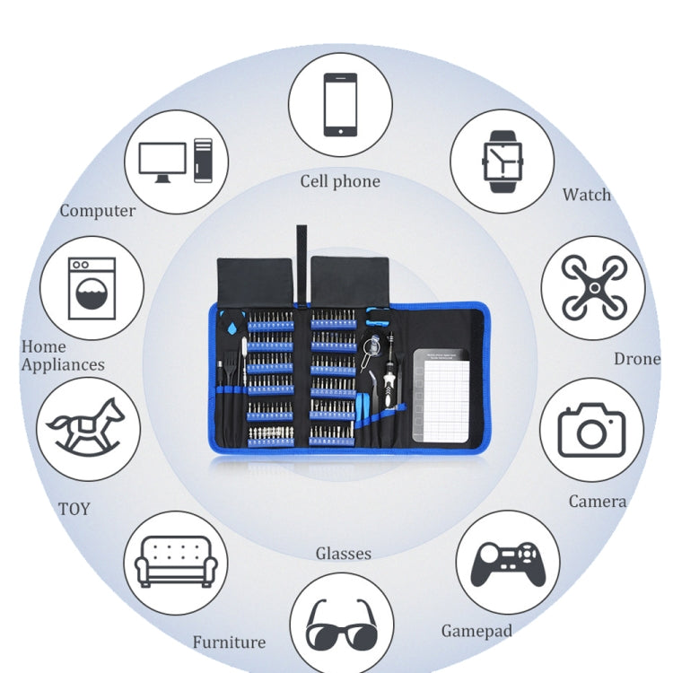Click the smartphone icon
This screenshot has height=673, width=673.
coord(340,104)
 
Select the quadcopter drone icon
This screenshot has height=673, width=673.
coord(592,287)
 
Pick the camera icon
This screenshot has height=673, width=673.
coord(591,430)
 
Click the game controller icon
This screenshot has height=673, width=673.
coord(508,563)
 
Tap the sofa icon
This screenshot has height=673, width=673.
coord(176,563)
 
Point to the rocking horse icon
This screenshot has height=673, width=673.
coord(87,428)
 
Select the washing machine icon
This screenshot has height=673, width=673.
coord(92,288)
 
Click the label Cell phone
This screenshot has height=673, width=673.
coord(340,181)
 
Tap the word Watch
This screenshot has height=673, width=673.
coord(587,195)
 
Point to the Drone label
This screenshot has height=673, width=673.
coord(637,359)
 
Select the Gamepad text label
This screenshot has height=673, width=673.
coord(476,632)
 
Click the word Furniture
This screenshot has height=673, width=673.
coord(229,642)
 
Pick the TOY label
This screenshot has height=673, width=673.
coord(74,509)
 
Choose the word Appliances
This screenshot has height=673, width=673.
coord(63,365)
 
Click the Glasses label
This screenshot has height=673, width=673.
coord(343,554)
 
